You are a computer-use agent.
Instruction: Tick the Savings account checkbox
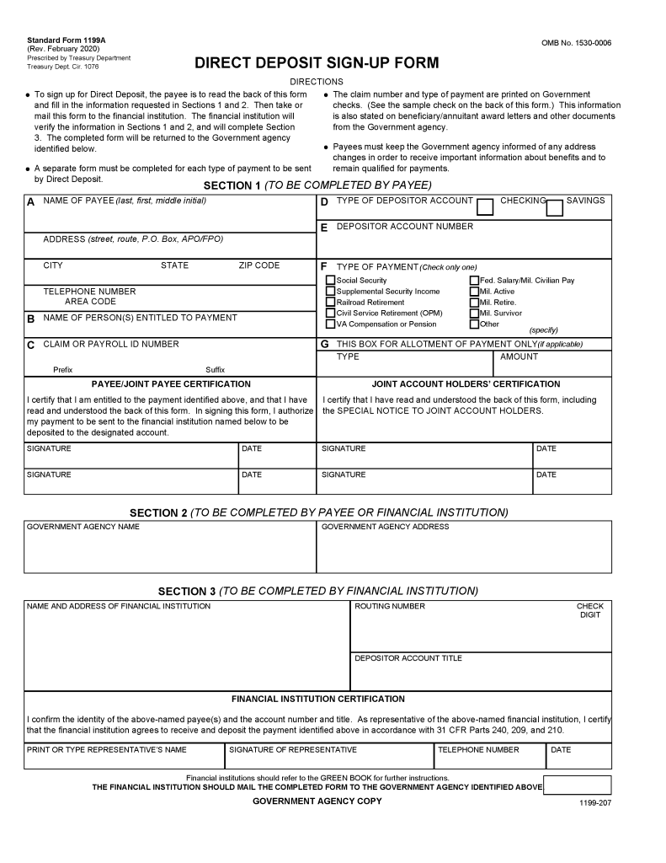point(554,207)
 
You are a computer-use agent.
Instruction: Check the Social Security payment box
point(330,281)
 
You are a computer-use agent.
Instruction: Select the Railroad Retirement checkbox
point(330,303)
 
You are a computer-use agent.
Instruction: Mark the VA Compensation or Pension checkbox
point(330,324)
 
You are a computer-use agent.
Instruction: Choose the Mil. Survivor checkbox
point(474,314)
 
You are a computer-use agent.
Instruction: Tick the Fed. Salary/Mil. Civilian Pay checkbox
point(474,281)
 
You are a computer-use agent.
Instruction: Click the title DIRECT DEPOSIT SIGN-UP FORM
point(317,63)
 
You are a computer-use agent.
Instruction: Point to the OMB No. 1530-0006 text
point(576,43)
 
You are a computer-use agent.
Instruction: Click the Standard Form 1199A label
point(61,40)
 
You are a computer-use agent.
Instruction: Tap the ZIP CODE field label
point(258,265)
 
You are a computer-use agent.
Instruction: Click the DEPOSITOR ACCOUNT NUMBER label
point(404,227)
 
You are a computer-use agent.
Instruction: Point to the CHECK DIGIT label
point(589,610)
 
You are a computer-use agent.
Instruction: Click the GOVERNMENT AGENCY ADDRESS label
point(385,527)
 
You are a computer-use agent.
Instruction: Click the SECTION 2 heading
point(318,512)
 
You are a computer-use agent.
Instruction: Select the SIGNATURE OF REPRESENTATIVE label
point(293,749)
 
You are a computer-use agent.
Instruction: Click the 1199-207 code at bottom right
point(594,804)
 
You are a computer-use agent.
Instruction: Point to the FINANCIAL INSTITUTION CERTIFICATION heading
point(317,700)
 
